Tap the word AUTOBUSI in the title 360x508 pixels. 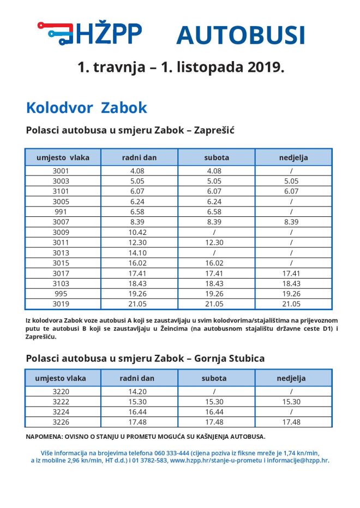(x=240, y=35)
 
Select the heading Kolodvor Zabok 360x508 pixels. (x=86, y=107)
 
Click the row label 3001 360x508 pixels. (x=61, y=171)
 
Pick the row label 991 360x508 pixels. (x=61, y=212)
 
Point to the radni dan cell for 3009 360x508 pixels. (x=139, y=233)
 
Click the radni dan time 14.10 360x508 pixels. (x=139, y=253)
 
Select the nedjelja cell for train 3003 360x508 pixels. (x=292, y=181)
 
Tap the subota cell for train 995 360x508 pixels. (x=216, y=294)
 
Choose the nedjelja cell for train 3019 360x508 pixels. (x=292, y=305)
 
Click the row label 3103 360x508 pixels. (x=61, y=284)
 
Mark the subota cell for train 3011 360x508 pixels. (x=216, y=243)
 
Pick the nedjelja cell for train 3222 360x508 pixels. (x=292, y=402)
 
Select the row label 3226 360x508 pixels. (x=61, y=422)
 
